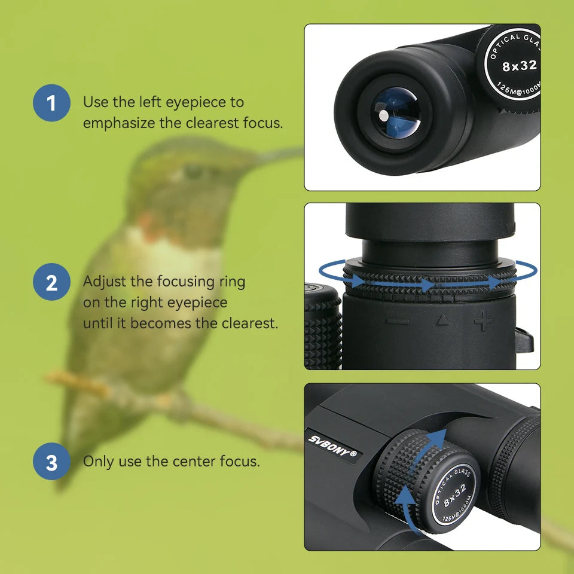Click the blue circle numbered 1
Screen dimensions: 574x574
pyautogui.click(x=51, y=103)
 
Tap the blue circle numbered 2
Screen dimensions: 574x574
pyautogui.click(x=51, y=282)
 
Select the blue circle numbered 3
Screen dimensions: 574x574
pyautogui.click(x=51, y=462)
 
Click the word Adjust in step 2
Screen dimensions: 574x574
pyautogui.click(x=101, y=282)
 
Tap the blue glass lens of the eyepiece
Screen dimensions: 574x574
pyautogui.click(x=395, y=112)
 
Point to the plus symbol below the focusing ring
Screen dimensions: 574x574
pyautogui.click(x=483, y=321)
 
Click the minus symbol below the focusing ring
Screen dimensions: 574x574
pyautogui.click(x=397, y=321)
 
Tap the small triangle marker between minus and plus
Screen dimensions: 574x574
pyautogui.click(x=441, y=322)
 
